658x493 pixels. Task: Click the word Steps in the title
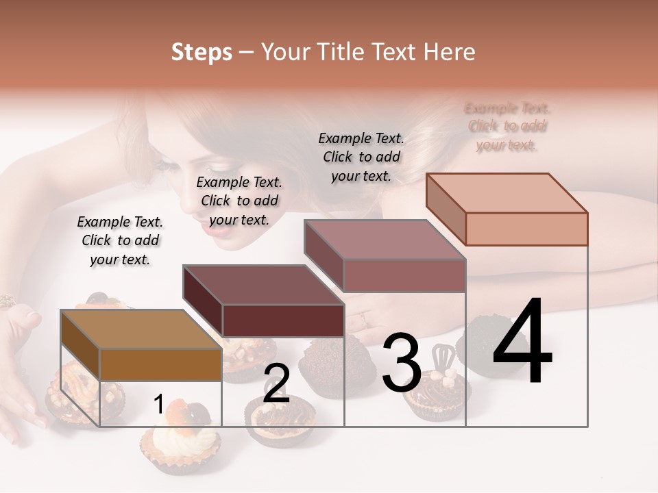pyautogui.click(x=202, y=52)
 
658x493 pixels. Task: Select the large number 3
pyautogui.click(x=401, y=362)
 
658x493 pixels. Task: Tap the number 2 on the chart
pyautogui.click(x=276, y=383)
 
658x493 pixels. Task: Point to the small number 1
pyautogui.click(x=158, y=405)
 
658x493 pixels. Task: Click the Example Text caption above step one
pyautogui.click(x=120, y=240)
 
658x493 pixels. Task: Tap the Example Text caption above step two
pyautogui.click(x=239, y=201)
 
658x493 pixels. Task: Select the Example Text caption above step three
pyautogui.click(x=361, y=157)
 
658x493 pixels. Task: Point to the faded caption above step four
pyautogui.click(x=507, y=127)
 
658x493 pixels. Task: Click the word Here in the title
pyautogui.click(x=448, y=52)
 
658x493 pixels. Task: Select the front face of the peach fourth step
pyautogui.click(x=526, y=229)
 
